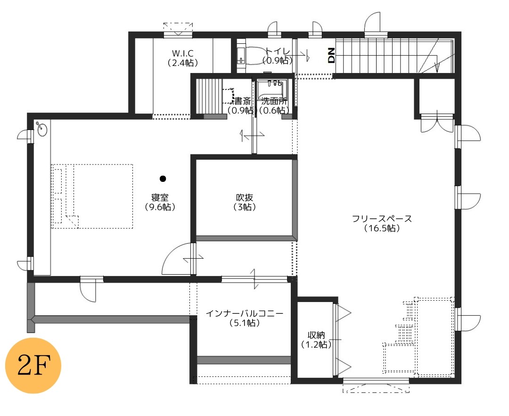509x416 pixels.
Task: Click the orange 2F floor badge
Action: [x=33, y=366]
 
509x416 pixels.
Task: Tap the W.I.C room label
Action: [x=183, y=53]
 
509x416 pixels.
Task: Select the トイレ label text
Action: [x=278, y=51]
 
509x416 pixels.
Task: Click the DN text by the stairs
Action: [x=331, y=55]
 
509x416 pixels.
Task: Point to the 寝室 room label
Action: [x=160, y=197]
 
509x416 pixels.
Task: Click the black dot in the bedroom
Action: [x=163, y=179]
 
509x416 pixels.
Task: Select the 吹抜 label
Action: [x=245, y=197]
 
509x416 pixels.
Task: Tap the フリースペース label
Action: [x=382, y=219]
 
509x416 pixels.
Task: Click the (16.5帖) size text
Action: [x=382, y=228]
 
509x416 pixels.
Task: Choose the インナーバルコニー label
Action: [x=245, y=313]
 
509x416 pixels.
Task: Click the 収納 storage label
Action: [x=316, y=335]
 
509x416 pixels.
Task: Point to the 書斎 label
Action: [x=243, y=101]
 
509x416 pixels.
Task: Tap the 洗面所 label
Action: [x=274, y=101]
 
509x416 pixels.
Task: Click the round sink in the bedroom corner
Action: [x=42, y=130]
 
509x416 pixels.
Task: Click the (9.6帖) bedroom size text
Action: [x=160, y=207]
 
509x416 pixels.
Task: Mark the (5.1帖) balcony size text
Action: [x=245, y=323]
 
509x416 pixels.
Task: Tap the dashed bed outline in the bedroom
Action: [x=92, y=196]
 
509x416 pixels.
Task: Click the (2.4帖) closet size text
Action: [x=183, y=63]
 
